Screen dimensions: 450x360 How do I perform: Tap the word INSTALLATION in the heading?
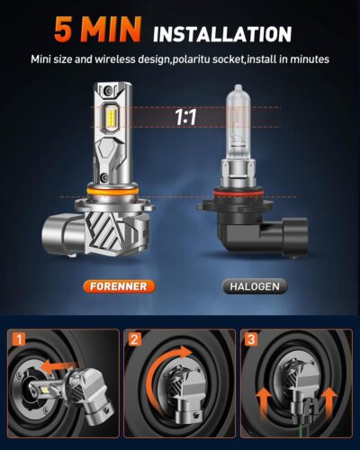pos(222,34)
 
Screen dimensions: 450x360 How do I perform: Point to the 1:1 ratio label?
pos(185,117)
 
